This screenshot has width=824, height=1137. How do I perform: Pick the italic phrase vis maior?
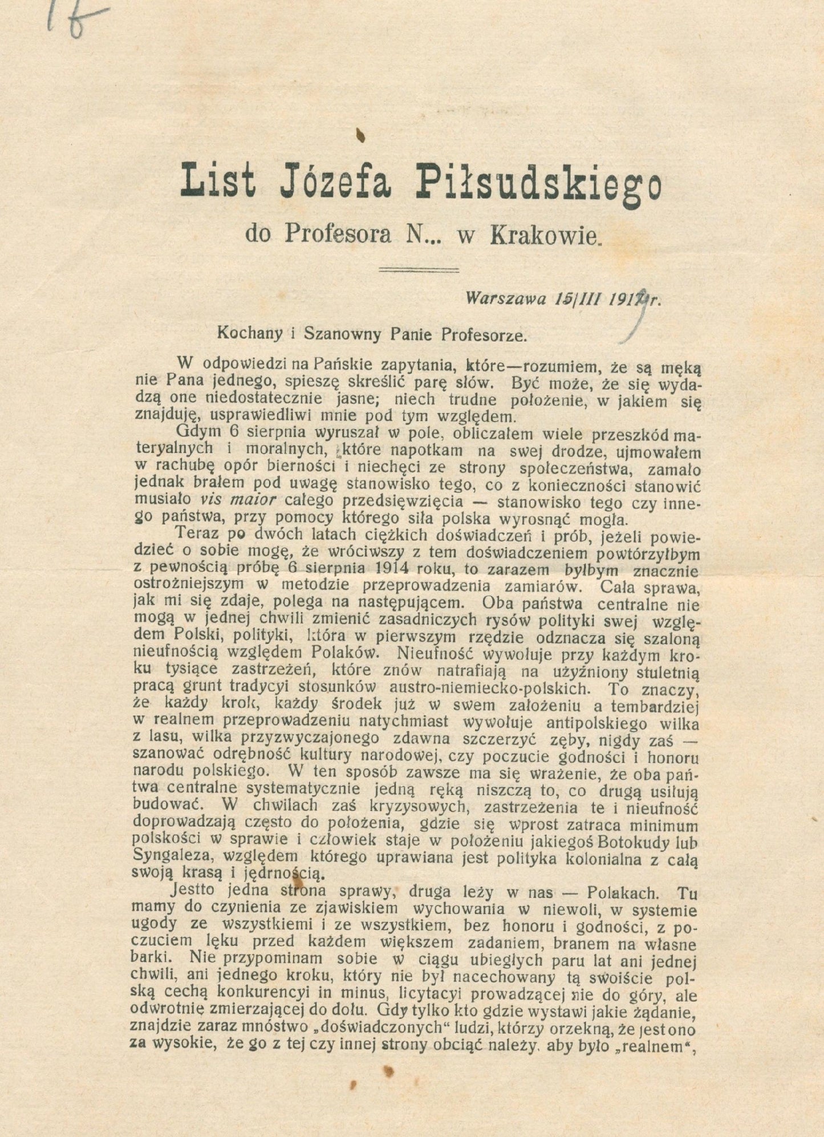pyautogui.click(x=238, y=500)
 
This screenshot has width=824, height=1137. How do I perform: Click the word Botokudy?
pyautogui.click(x=622, y=842)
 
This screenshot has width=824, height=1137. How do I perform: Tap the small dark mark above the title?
pyautogui.click(x=360, y=135)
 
